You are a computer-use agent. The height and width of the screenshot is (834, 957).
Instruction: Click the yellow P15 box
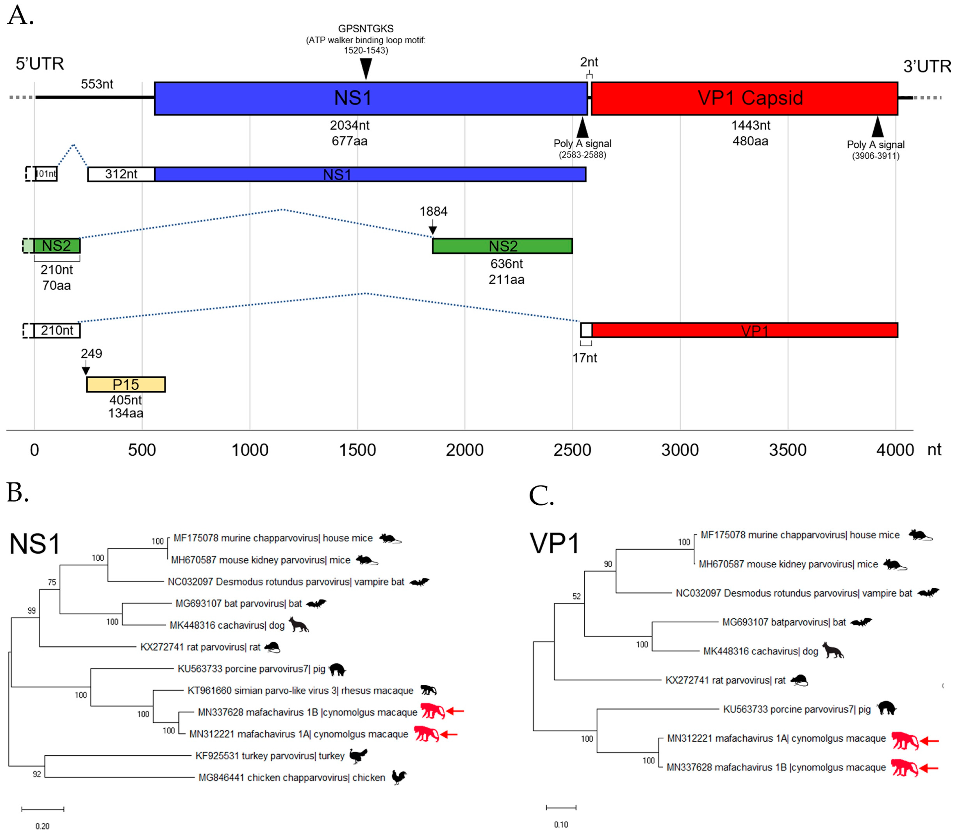[x=126, y=384]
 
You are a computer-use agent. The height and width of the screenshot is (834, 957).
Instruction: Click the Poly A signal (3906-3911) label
[x=876, y=150]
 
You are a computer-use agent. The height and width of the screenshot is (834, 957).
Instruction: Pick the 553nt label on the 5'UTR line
[x=97, y=84]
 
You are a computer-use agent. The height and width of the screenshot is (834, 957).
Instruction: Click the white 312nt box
[x=121, y=174]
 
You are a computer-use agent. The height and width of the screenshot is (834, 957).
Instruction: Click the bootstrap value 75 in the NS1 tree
[x=52, y=582]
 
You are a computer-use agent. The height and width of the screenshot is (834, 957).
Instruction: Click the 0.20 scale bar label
[x=42, y=826]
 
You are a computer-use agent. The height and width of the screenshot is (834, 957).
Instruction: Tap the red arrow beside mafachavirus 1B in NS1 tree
[x=455, y=711]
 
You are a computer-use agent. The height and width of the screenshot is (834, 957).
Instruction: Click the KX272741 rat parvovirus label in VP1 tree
[x=725, y=680]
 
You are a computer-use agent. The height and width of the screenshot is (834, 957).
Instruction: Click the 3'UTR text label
[x=927, y=66]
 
